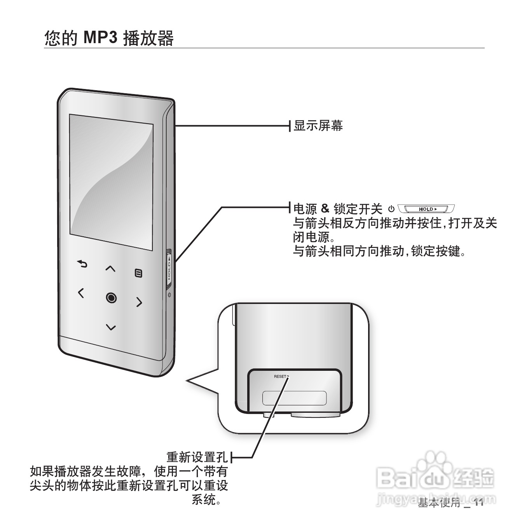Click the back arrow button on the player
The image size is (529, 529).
(82, 264)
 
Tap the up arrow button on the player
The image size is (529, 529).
(111, 268)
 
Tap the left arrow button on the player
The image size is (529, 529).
(80, 293)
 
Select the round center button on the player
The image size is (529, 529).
(111, 298)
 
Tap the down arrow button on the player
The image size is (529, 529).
(111, 327)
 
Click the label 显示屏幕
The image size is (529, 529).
(318, 126)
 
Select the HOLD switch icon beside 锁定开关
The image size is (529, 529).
(426, 209)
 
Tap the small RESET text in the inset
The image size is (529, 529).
(280, 377)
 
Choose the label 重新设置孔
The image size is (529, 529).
(197, 457)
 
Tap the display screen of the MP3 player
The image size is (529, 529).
(111, 182)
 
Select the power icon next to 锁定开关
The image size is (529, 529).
(391, 209)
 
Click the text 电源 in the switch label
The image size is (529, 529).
(305, 209)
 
